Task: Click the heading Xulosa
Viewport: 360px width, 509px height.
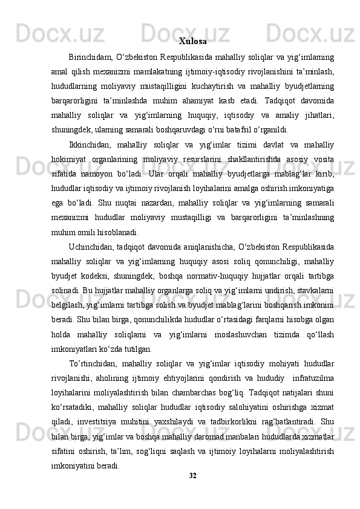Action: pos(193,42)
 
